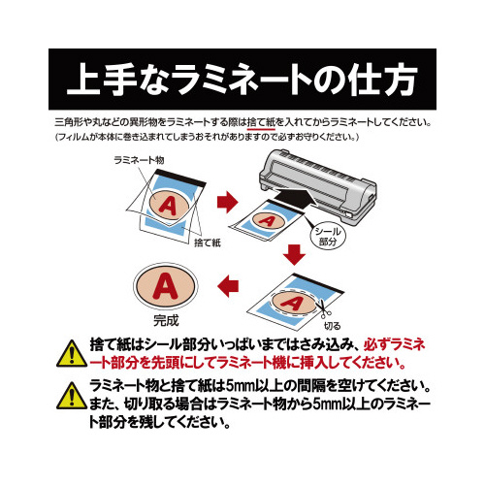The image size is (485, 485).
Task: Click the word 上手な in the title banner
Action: click(115, 77)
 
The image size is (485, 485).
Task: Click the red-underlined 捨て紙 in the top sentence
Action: click(262, 124)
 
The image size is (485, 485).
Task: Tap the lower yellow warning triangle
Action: click(70, 394)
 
